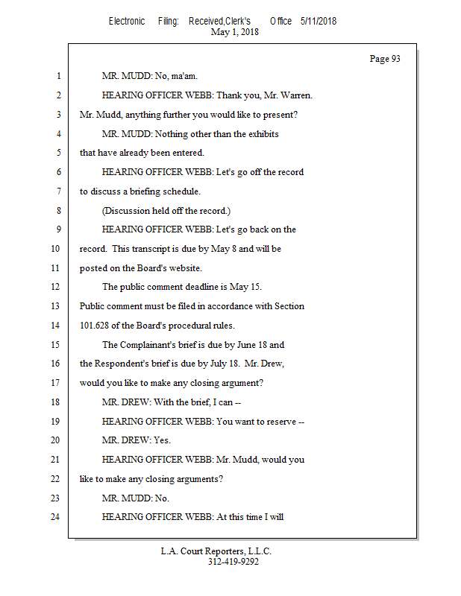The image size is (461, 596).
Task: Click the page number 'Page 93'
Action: click(385, 59)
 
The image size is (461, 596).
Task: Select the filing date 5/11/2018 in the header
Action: click(319, 22)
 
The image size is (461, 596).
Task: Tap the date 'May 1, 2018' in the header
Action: click(235, 32)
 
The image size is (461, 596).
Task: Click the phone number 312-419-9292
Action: click(233, 562)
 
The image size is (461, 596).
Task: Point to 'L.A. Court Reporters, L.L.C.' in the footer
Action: click(216, 551)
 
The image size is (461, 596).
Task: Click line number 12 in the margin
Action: click(55, 287)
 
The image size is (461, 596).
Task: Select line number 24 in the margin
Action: click(55, 517)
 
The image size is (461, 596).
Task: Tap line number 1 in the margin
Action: click(57, 76)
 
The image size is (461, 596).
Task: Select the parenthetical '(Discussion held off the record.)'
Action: click(166, 211)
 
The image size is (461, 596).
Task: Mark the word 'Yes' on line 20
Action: click(161, 440)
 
